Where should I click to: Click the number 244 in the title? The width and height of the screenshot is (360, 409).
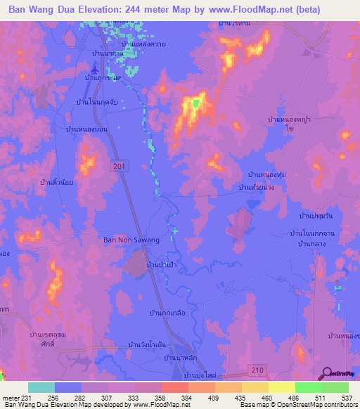coord(145,10)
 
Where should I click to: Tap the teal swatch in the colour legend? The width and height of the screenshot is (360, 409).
coord(41,387)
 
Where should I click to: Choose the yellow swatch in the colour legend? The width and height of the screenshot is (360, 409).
coord(282,387)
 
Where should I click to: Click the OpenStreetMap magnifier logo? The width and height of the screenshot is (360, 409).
coord(327,373)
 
